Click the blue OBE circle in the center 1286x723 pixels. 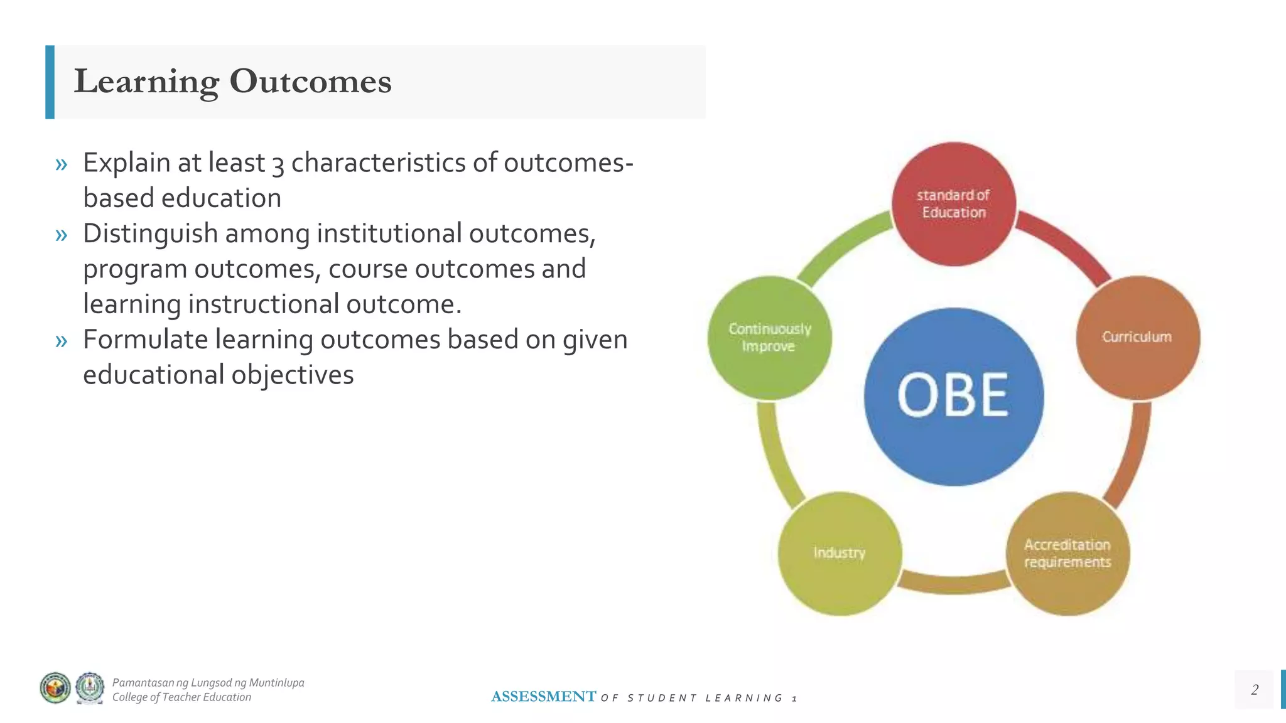[953, 397]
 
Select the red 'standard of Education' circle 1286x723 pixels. [953, 204]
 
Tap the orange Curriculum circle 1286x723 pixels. [1137, 337]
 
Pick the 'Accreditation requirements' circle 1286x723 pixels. [1067, 554]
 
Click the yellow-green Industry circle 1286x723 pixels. [840, 553]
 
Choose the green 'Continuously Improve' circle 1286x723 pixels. [769, 338]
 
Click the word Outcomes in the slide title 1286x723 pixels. [310, 82]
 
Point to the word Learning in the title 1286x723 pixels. [146, 82]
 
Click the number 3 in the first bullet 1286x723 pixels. [278, 164]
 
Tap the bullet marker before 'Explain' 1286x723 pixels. [61, 164]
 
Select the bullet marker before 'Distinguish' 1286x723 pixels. [61, 235]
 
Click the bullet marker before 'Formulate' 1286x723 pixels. [61, 341]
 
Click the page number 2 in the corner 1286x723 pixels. [1254, 689]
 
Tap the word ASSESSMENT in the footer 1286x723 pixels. [543, 697]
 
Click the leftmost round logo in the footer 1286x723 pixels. [55, 688]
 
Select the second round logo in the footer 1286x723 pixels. [90, 688]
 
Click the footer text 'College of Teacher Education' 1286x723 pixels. [181, 697]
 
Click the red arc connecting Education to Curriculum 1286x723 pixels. [1067, 245]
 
